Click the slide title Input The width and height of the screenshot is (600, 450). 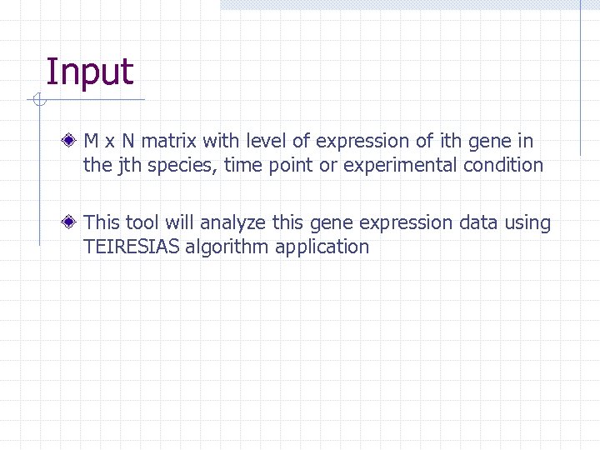[x=89, y=72]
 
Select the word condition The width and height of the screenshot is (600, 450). [x=503, y=165]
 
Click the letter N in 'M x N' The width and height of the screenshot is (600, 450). [x=129, y=142]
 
